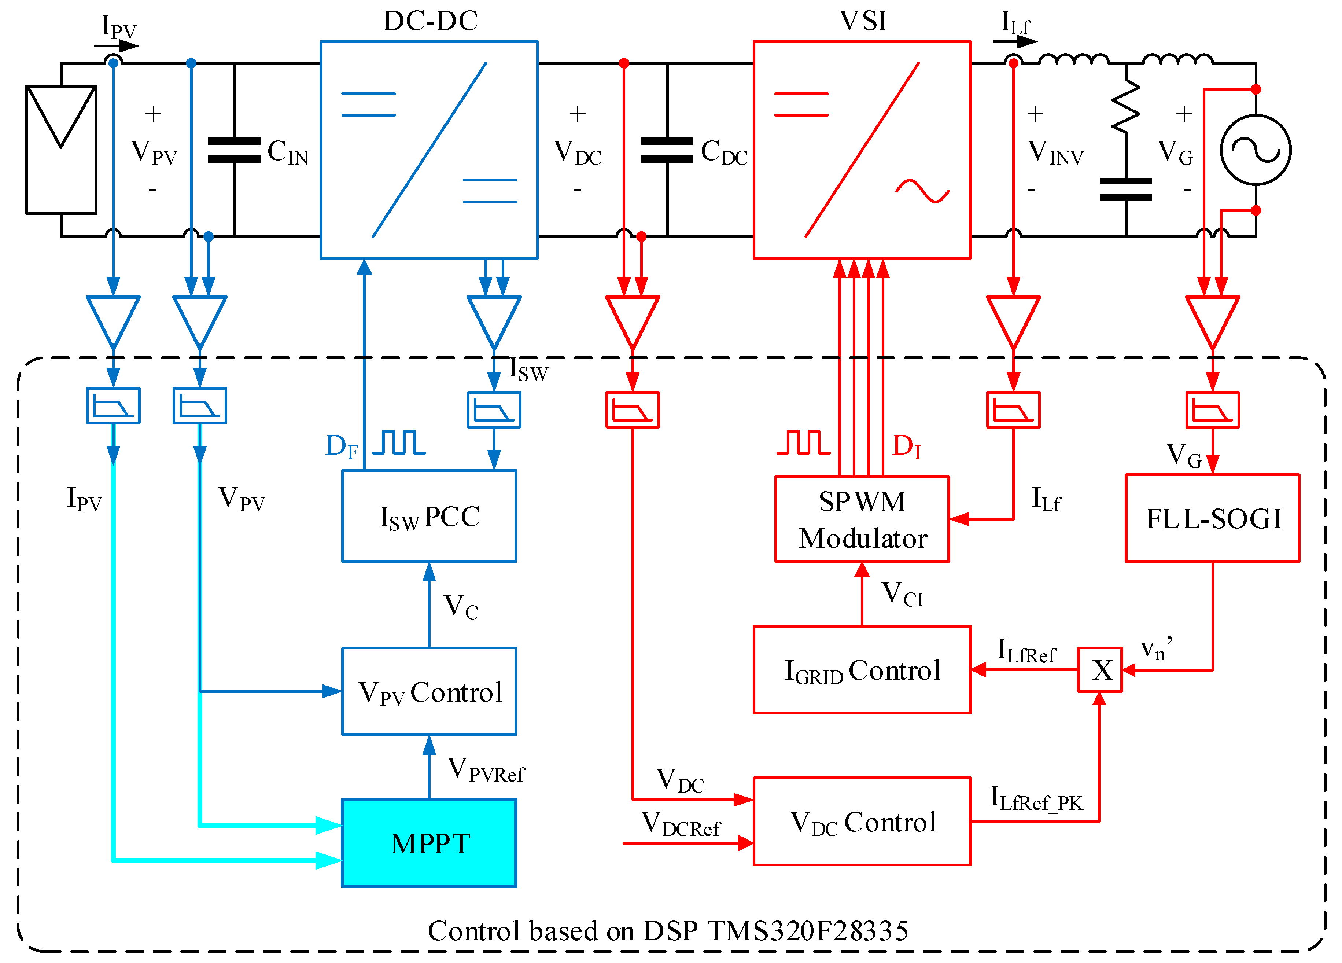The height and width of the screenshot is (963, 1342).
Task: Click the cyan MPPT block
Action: tap(429, 843)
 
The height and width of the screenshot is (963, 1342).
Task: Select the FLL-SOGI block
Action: tap(1212, 518)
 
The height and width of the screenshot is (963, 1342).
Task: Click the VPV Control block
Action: tap(429, 691)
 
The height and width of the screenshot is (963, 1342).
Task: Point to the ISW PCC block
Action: tap(429, 516)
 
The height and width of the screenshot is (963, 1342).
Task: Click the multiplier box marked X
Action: tap(1099, 670)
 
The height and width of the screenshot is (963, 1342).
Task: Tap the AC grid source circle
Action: tap(1256, 150)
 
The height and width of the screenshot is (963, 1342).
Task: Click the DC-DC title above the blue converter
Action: tap(430, 21)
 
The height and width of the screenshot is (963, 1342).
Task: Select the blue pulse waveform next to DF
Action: tap(398, 443)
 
